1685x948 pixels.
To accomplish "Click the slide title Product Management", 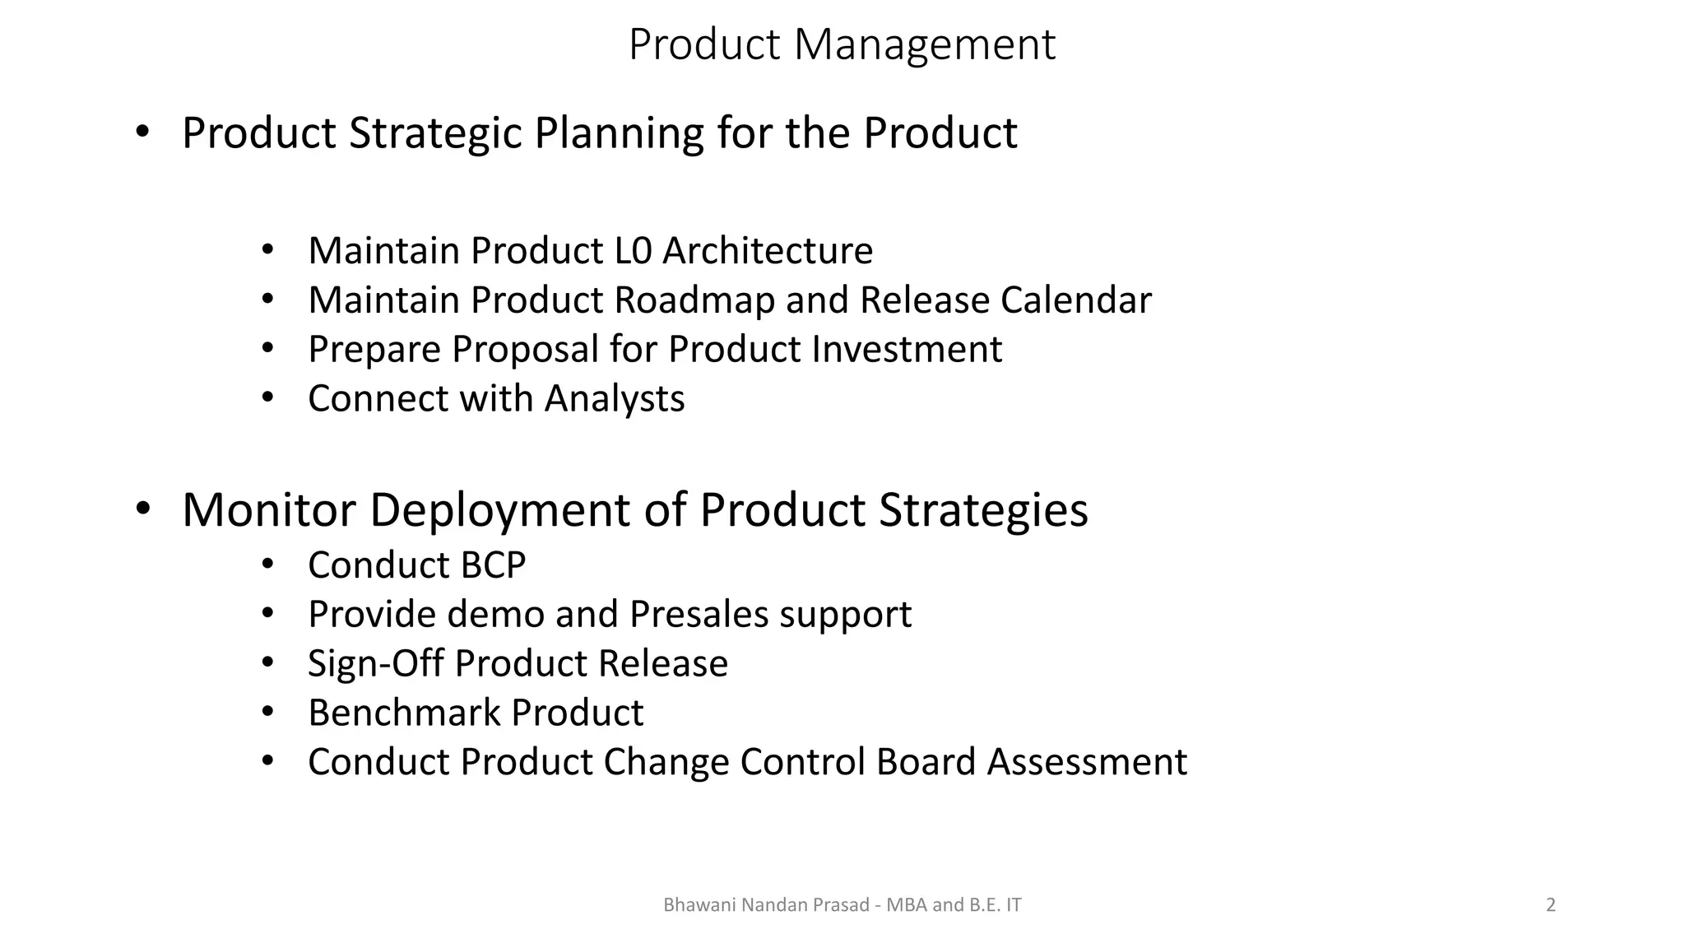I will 842,44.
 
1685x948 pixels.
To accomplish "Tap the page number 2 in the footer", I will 1551,905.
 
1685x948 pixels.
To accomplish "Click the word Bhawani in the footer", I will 699,905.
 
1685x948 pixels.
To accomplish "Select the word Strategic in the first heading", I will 435,133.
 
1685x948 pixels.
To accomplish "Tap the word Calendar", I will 1075,300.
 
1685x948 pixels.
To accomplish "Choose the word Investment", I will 907,350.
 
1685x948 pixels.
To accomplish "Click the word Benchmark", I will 404,713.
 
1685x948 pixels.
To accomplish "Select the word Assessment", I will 1087,762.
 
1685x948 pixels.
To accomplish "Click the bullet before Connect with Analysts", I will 267,398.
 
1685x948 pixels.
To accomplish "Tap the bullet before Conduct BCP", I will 267,565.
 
